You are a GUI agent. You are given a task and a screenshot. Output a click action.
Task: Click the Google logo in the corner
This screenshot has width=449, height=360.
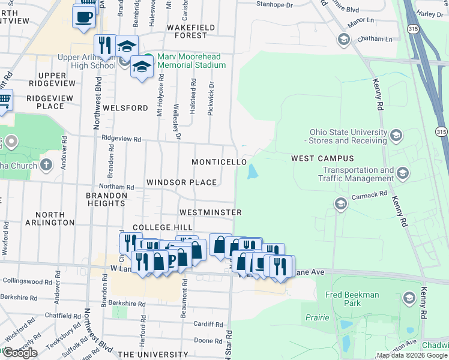coord(20,353)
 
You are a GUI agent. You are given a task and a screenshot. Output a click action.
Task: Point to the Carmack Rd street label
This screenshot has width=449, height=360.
coord(369,196)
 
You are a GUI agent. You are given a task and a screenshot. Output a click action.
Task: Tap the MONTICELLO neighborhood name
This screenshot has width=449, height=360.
coord(218,163)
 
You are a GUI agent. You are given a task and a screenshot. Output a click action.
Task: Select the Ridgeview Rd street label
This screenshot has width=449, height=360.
coord(121,139)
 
